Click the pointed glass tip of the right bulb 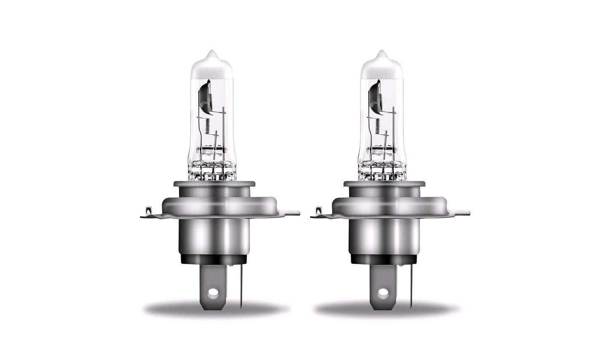click(381, 55)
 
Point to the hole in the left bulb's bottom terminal click(214, 292)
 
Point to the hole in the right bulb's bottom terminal click(384, 292)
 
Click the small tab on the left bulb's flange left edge click(147, 210)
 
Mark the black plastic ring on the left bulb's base click(214, 258)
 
